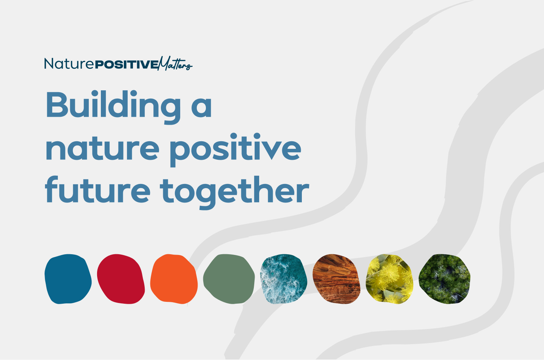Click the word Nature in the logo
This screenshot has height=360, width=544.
(x=69, y=63)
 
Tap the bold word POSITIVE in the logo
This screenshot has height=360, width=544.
(x=126, y=65)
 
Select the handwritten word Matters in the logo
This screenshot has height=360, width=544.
(x=175, y=63)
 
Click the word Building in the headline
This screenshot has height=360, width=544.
(x=113, y=107)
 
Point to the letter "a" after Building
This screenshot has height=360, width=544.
(x=202, y=107)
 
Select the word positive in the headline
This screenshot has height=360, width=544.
(x=236, y=150)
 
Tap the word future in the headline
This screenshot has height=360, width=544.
(x=97, y=190)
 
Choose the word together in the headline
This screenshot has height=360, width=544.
(x=234, y=192)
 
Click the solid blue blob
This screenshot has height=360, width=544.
(x=68, y=279)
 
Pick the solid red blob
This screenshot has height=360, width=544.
(x=121, y=279)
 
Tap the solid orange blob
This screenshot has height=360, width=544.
(x=174, y=279)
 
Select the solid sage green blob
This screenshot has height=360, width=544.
(x=229, y=279)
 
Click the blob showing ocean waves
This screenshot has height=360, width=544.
(x=284, y=279)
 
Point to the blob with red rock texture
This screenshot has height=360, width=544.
(x=336, y=279)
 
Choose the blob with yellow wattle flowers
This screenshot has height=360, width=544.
(x=389, y=279)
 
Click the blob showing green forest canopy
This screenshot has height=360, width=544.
(x=444, y=279)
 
